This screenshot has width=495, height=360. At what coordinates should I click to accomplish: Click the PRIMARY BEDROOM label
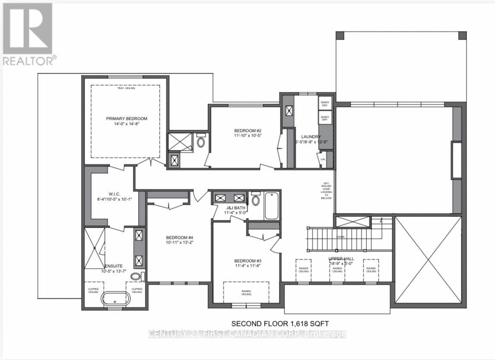(126, 119)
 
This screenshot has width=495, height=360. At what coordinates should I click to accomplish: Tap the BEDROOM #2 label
(248, 131)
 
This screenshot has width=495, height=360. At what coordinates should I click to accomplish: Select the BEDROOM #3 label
(248, 261)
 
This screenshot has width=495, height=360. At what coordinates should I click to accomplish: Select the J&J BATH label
(234, 207)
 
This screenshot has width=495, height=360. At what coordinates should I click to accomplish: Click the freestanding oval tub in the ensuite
(115, 298)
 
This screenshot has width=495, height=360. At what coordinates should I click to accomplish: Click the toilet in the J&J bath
(255, 200)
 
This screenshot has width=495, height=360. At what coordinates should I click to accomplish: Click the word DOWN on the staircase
(341, 237)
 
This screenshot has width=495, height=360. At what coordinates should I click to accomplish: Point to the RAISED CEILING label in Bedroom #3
(246, 293)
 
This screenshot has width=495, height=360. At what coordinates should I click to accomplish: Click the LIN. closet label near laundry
(322, 159)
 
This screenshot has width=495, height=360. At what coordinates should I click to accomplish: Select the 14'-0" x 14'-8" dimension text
(126, 123)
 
